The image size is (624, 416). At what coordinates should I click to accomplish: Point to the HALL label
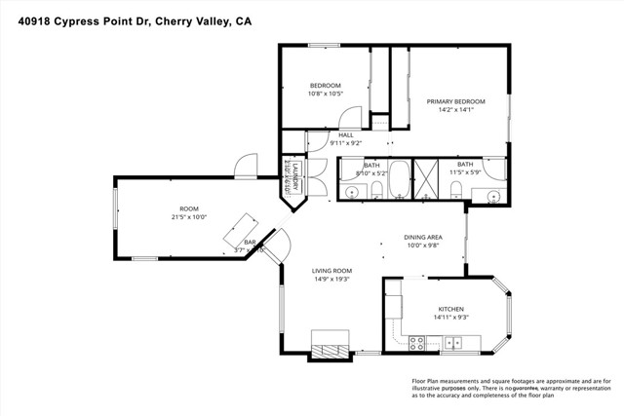345,134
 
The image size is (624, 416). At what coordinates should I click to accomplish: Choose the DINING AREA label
423,237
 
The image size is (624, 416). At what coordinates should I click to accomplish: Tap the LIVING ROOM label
331,270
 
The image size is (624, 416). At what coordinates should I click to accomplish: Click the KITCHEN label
449,309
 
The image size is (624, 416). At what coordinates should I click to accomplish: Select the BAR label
250,241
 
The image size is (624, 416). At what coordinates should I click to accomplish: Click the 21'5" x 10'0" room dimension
188,216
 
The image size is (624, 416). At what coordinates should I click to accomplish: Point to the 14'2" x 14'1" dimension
454,109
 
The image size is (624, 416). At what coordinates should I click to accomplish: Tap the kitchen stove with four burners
416,342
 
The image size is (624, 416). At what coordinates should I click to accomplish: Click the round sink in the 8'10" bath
351,194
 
